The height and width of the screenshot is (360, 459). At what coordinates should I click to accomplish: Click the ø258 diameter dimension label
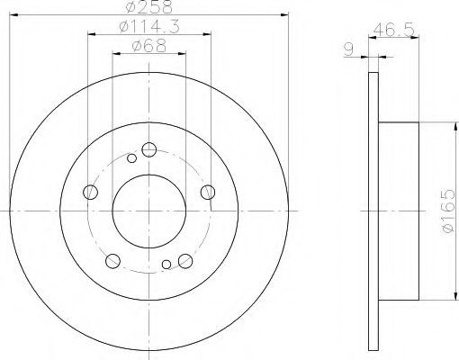[x=149, y=6]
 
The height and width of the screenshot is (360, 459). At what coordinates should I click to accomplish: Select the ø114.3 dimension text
[x=149, y=27]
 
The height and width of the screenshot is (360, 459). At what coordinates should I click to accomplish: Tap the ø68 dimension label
[x=148, y=46]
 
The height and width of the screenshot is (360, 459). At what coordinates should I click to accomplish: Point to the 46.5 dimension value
[x=394, y=30]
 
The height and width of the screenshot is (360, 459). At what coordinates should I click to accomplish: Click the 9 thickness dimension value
[x=348, y=49]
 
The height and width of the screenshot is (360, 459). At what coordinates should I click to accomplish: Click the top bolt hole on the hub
[x=149, y=149]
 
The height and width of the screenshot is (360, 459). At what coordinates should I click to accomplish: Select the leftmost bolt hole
[x=90, y=192]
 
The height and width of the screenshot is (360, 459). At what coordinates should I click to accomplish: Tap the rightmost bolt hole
[x=208, y=192]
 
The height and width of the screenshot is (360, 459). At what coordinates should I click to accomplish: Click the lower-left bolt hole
[x=112, y=261]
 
